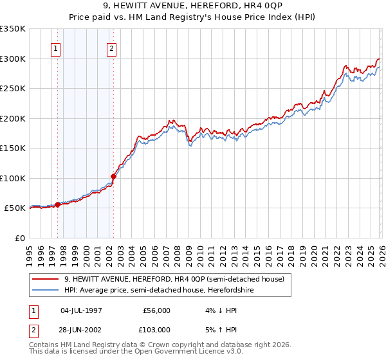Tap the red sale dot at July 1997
point(58,204)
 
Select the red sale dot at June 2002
point(114,176)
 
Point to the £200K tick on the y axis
point(13,118)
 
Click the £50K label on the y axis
point(15,208)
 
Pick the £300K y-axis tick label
point(13,59)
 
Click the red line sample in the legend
point(46,279)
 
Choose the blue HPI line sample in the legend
point(46,290)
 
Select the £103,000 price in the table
point(157,330)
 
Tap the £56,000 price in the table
point(157,310)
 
